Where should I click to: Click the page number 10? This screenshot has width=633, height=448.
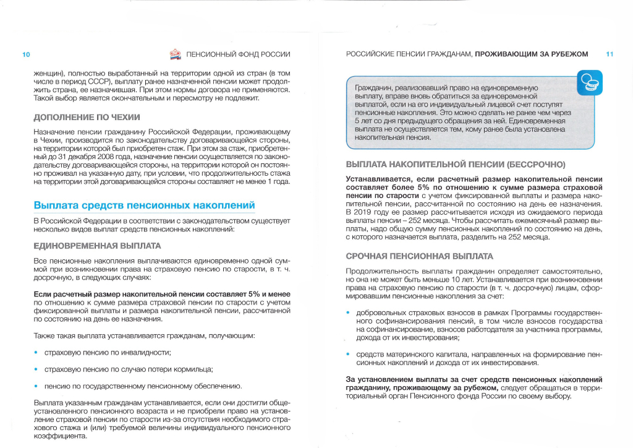point(26,54)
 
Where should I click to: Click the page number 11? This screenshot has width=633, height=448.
point(610,54)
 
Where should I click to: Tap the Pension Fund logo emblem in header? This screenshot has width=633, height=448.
point(175,54)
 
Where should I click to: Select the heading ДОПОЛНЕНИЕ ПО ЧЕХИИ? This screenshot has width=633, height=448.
point(87,117)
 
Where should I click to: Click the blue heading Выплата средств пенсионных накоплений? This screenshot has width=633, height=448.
point(144,205)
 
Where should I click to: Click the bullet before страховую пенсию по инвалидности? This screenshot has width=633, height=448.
point(36,353)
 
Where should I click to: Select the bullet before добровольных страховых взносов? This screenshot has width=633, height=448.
point(349,314)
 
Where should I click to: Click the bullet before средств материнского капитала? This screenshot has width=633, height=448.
point(349,355)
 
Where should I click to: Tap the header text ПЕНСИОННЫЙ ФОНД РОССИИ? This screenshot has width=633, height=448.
point(238,54)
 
